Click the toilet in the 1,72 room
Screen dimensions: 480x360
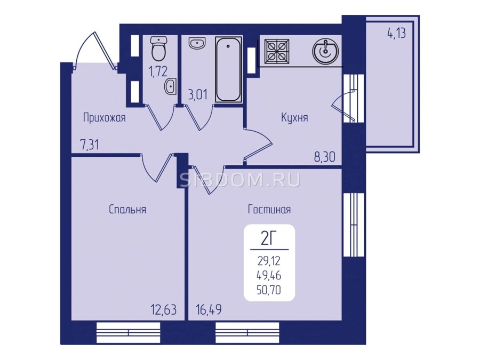[158, 49]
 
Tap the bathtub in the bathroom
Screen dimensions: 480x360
[228, 69]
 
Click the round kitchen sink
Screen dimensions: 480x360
[325, 51]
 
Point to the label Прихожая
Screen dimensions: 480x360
[105, 118]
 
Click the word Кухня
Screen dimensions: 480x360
[294, 117]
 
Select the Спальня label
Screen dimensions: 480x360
[127, 210]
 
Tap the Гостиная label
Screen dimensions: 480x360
[269, 210]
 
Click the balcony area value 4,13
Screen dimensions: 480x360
[397, 34]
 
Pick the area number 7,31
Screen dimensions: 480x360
[90, 145]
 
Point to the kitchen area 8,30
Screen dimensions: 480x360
[325, 157]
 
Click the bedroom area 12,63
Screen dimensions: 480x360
[164, 310]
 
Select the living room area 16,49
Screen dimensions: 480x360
[209, 310]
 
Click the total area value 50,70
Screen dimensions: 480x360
[269, 290]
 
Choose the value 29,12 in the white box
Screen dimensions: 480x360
[269, 261]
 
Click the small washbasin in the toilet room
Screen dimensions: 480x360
[170, 86]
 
